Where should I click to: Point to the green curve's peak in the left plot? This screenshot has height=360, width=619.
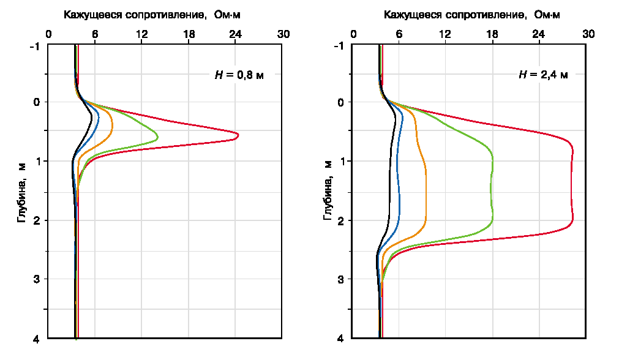pyautogui.click(x=157, y=137)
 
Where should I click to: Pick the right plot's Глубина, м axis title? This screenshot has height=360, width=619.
pyautogui.click(x=328, y=192)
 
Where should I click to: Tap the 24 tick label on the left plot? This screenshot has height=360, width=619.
pyautogui.click(x=235, y=34)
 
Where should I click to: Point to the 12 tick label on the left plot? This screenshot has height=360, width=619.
pyautogui.click(x=141, y=34)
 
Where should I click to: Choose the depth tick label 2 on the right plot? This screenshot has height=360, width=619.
pyautogui.click(x=341, y=220)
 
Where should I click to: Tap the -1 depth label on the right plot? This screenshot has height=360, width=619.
pyautogui.click(x=339, y=46)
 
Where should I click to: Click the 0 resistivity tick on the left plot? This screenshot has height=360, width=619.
pyautogui.click(x=49, y=34)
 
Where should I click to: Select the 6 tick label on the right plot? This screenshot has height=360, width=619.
pyautogui.click(x=399, y=34)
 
